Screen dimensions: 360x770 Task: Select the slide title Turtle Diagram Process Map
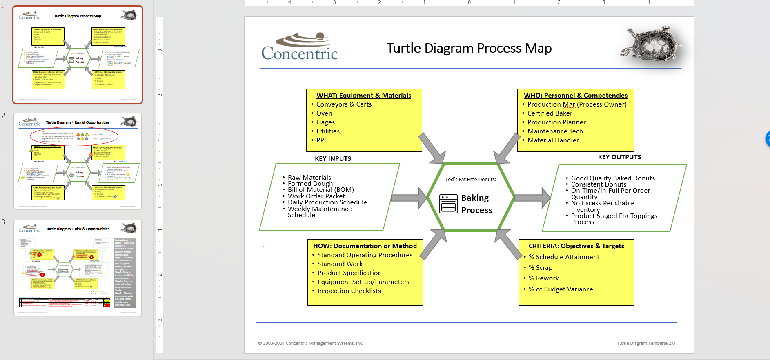tap(469, 48)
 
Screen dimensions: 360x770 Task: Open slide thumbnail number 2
tap(78, 161)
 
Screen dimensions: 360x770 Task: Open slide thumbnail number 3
tap(78, 268)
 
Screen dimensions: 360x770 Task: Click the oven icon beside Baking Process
tap(448, 204)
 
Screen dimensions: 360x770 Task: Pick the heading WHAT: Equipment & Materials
tap(364, 96)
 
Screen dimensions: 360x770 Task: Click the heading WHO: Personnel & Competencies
tap(576, 96)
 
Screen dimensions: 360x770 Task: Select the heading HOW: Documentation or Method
tap(365, 246)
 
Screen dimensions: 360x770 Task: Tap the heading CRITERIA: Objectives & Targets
tap(576, 246)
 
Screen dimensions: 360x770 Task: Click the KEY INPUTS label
tap(333, 159)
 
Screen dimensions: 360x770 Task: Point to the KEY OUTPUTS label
tap(619, 157)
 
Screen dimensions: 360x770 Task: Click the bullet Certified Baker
tap(550, 113)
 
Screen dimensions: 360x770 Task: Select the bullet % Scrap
tap(541, 268)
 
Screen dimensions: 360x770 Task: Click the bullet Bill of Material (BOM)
tap(320, 190)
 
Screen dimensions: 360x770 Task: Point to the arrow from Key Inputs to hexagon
tap(408, 198)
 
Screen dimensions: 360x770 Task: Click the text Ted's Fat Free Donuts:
tap(470, 180)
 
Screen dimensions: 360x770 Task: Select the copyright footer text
tap(310, 344)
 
